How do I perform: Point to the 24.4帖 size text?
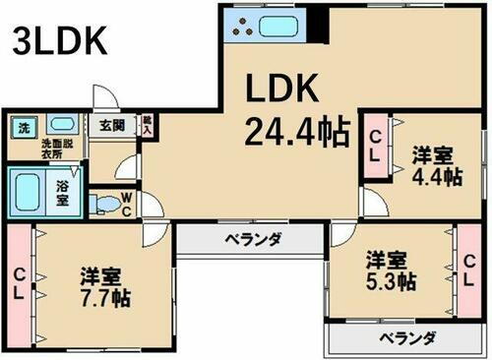tap(297, 132)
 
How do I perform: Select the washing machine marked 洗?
tap(22, 127)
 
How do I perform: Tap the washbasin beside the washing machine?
tap(60, 125)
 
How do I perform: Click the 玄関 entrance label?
tap(110, 126)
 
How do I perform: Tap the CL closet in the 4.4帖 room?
tap(374, 148)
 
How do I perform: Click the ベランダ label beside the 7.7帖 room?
tap(251, 239)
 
